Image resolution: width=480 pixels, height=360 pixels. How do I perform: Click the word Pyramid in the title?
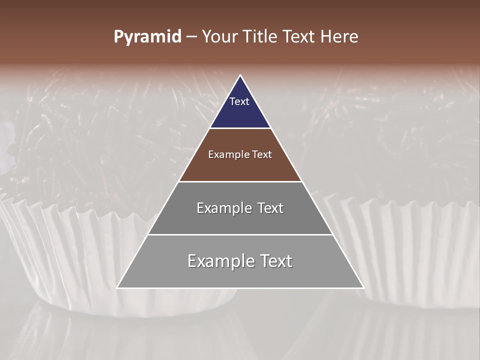pyautogui.click(x=147, y=37)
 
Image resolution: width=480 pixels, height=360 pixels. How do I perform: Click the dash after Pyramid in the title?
pyautogui.click(x=191, y=37)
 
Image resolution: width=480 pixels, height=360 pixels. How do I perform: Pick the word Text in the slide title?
pyautogui.click(x=300, y=37)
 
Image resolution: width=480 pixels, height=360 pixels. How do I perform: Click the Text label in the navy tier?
pyautogui.click(x=239, y=101)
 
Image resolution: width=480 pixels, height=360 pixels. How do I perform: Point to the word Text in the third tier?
pyautogui.click(x=270, y=208)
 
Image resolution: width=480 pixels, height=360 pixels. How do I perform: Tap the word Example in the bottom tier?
pyautogui.click(x=218, y=261)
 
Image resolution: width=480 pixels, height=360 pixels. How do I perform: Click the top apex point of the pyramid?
pyautogui.click(x=240, y=75)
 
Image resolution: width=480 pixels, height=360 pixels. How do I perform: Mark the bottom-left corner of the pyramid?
pyautogui.click(x=117, y=287)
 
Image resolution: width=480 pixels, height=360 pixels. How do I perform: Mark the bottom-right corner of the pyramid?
pyautogui.click(x=363, y=287)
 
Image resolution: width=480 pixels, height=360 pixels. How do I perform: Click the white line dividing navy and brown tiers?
pyautogui.click(x=240, y=128)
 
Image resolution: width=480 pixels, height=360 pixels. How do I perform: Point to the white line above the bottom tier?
pyautogui.click(x=240, y=234)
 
